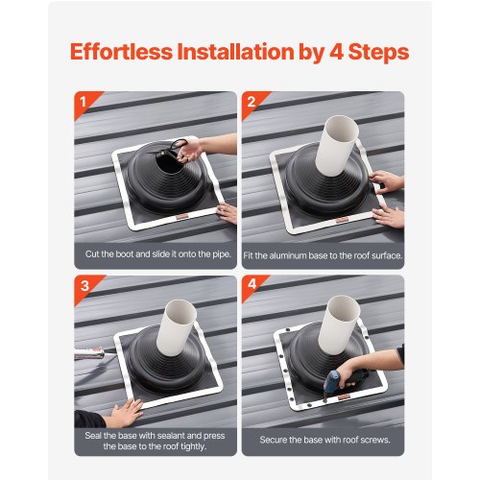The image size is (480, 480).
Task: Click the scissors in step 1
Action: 180,145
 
